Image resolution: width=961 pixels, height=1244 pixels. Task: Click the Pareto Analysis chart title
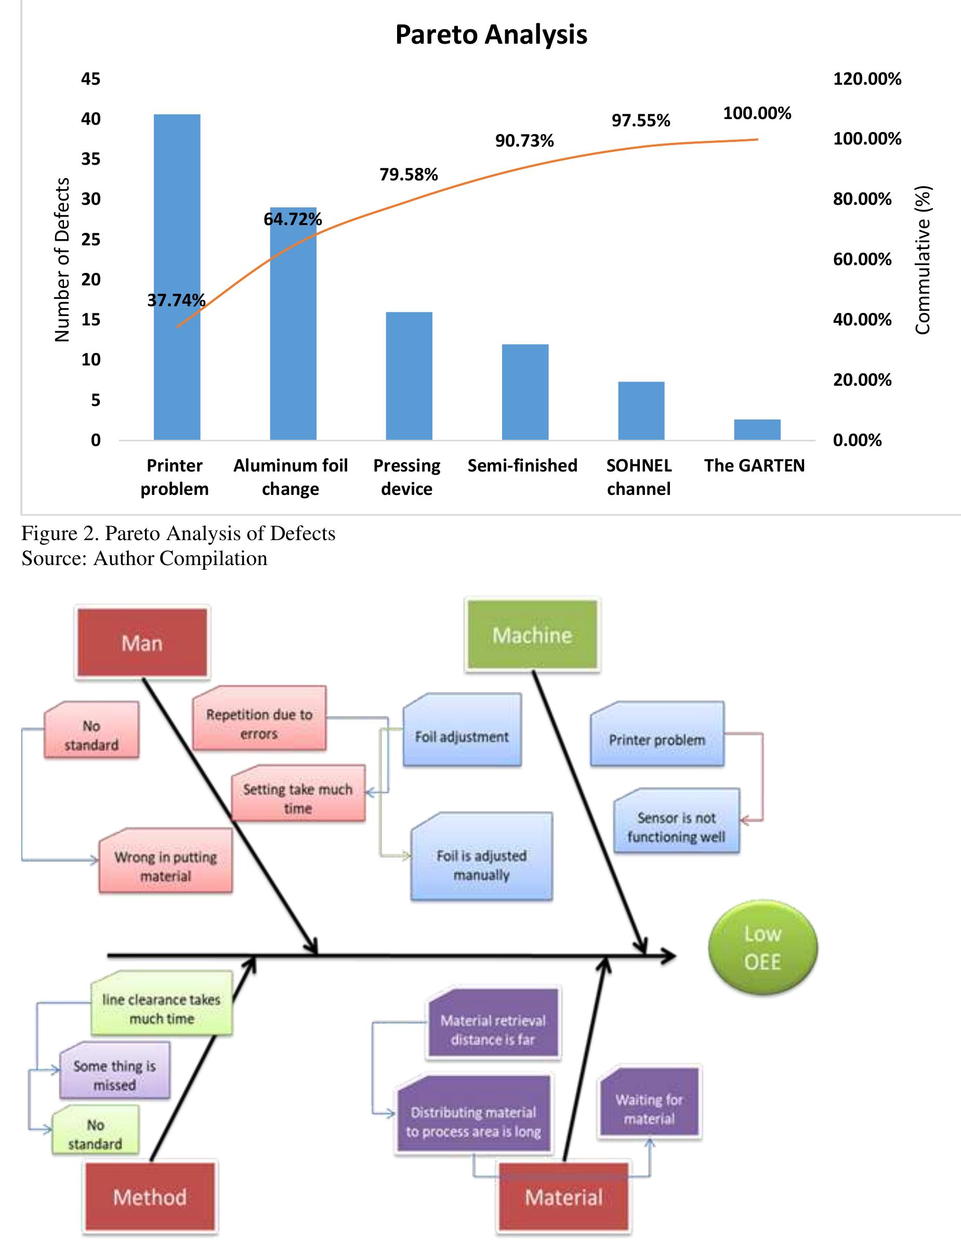tap(491, 35)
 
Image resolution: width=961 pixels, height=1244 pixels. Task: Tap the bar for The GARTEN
tap(757, 429)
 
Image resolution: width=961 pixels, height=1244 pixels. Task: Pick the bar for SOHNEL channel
tap(641, 411)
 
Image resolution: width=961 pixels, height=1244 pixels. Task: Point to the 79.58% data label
tap(409, 174)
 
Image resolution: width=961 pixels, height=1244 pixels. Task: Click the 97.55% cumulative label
tap(641, 121)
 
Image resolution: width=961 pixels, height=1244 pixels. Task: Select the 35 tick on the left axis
tap(90, 159)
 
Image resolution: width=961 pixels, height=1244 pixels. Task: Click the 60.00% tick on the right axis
tap(862, 259)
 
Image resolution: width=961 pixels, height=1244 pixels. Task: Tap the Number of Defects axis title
tap(62, 260)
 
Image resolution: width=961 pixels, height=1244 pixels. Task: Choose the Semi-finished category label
tap(522, 465)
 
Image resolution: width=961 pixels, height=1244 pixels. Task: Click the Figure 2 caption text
tap(178, 533)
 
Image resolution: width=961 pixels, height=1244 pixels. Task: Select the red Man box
tap(142, 643)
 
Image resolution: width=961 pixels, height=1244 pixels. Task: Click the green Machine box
tap(532, 635)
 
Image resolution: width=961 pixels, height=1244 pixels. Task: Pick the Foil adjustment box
tap(462, 737)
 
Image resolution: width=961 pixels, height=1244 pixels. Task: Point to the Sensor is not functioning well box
tap(676, 827)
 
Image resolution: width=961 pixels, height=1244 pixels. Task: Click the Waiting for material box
tap(649, 1108)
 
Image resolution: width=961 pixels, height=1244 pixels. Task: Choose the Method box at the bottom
tap(150, 1197)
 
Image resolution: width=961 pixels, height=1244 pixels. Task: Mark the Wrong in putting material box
tap(166, 866)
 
